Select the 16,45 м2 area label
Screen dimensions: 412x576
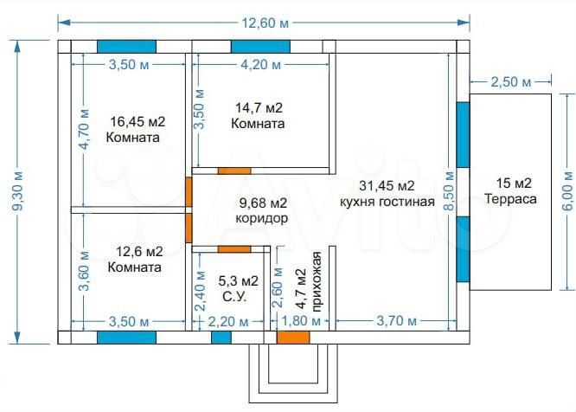(138, 122)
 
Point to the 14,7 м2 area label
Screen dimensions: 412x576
(259, 108)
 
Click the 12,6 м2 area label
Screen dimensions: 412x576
(139, 252)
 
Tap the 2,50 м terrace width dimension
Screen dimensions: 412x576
(510, 82)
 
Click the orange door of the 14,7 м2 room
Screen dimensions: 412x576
(234, 171)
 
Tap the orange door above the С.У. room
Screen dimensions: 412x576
(234, 249)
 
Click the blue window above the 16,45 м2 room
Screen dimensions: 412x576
(126, 47)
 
